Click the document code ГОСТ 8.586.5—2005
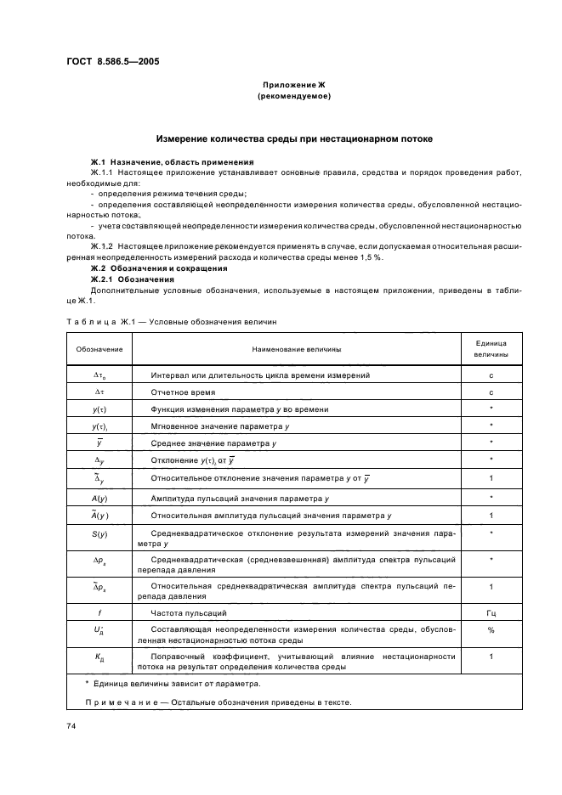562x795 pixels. pyautogui.click(x=112, y=60)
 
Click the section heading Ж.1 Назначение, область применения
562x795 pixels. pyautogui.click(x=173, y=161)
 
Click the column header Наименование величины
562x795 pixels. pyautogui.click(x=296, y=348)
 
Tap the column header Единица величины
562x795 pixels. pyautogui.click(x=491, y=348)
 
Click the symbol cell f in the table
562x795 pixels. pyautogui.click(x=99, y=612)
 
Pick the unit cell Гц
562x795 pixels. pyautogui.click(x=491, y=612)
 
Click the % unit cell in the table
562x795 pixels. pyautogui.click(x=491, y=630)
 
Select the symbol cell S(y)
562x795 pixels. pyautogui.click(x=99, y=533)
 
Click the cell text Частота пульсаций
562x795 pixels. pyautogui.click(x=184, y=612)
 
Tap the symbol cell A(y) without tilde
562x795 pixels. pyautogui.click(x=99, y=496)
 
